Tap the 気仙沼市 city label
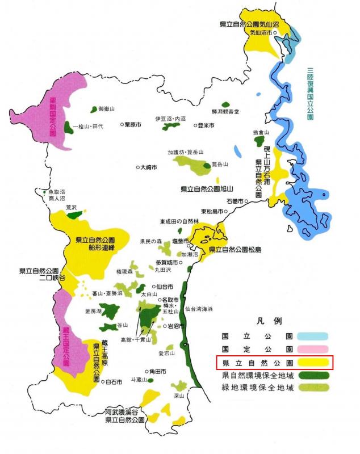[x=262, y=32]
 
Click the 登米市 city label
[x=206, y=125]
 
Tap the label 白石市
[x=115, y=382]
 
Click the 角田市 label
[x=157, y=371]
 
